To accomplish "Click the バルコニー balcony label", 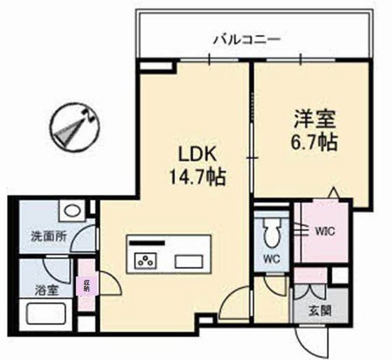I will pyautogui.click(x=247, y=39).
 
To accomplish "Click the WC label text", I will pyautogui.click(x=271, y=258).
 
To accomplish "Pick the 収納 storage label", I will pyautogui.click(x=87, y=284).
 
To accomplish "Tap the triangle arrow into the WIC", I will pyautogui.click(x=334, y=193).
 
